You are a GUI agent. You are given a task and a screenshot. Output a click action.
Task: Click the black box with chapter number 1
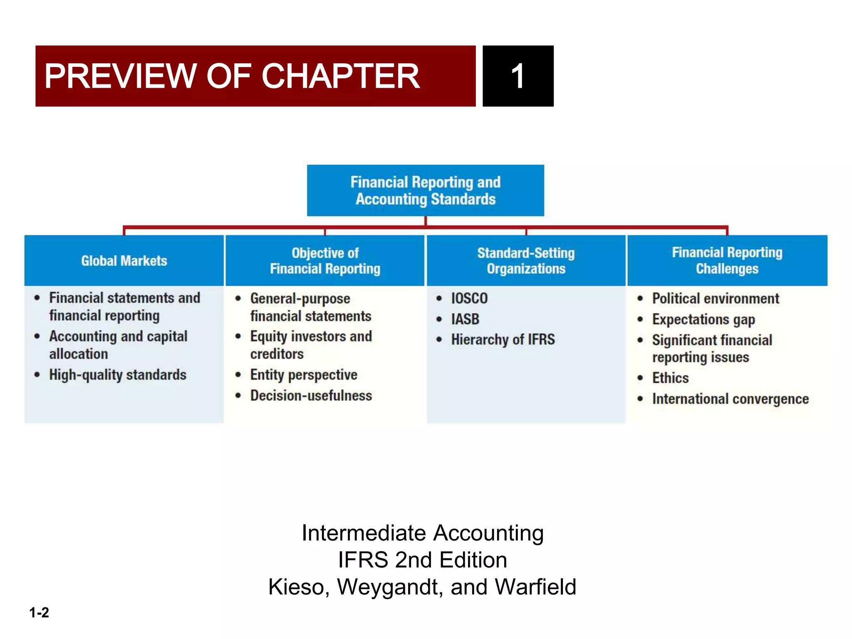[518, 76]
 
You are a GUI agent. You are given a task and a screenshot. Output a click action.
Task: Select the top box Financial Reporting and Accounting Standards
[425, 191]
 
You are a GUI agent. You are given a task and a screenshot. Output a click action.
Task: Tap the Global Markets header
[124, 261]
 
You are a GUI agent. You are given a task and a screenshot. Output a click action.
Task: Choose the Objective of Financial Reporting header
[325, 261]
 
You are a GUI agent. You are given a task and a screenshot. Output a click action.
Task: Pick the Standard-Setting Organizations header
[526, 261]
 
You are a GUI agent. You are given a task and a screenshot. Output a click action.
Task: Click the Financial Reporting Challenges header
[727, 261]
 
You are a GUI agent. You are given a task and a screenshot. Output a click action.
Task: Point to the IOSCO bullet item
[469, 298]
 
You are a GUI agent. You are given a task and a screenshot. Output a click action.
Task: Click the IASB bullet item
[465, 319]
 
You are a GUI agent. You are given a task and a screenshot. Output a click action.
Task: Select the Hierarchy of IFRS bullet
[503, 339]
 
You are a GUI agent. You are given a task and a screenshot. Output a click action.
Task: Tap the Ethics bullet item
[670, 378]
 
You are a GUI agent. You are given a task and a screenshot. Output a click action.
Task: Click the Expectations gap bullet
[703, 319]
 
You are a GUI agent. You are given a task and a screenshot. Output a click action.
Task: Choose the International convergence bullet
[730, 399]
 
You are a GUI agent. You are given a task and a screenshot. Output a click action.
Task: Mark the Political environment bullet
[715, 298]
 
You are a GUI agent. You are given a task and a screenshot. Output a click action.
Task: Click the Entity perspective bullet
[303, 375]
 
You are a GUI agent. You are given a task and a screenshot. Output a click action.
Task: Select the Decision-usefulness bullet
[311, 396]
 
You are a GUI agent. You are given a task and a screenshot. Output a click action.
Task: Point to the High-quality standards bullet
[117, 375]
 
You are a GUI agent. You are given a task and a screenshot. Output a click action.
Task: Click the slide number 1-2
[39, 612]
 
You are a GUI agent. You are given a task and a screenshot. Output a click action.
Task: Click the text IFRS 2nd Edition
[422, 560]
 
